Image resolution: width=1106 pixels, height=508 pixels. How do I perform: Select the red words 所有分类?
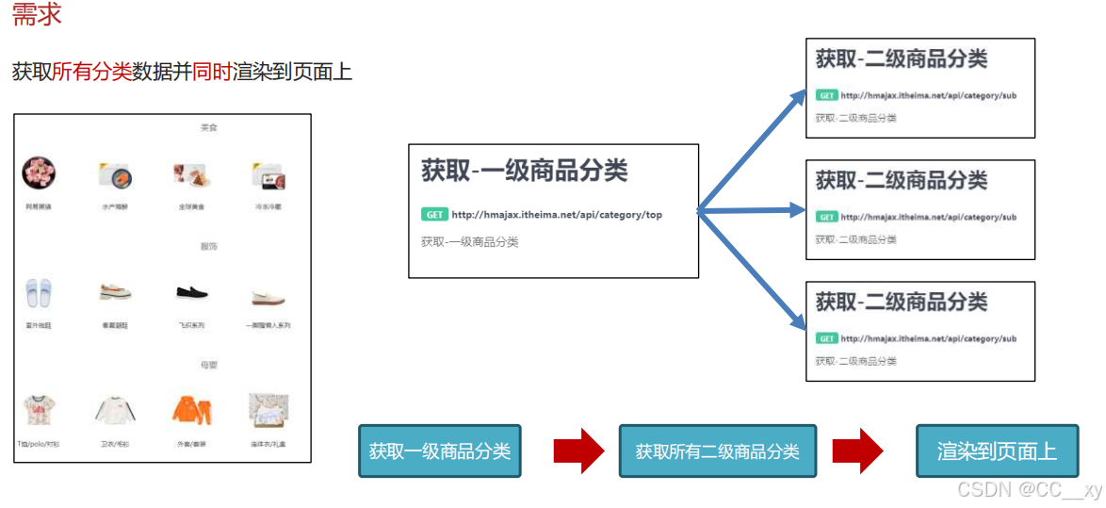point(91,72)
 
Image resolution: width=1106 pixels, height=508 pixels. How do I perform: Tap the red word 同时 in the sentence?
point(212,72)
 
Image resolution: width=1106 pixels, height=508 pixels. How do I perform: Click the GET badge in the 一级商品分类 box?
point(434,215)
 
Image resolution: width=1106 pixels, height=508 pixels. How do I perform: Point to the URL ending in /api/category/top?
point(557,215)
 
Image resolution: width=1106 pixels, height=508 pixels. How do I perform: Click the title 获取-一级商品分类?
point(524,171)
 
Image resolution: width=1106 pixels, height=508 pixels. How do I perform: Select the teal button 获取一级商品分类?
point(439,451)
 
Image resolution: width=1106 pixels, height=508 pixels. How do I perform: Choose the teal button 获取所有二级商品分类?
point(717,451)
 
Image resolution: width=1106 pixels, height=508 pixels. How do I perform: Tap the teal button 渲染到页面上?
point(997,451)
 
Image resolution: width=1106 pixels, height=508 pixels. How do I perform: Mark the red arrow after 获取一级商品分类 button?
point(578,451)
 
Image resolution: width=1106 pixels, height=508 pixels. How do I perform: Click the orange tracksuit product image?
point(190,410)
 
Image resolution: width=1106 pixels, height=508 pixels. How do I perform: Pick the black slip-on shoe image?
point(191,293)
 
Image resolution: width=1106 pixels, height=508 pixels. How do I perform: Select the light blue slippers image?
point(39,293)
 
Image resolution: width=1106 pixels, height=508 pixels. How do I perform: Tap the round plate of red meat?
point(39,173)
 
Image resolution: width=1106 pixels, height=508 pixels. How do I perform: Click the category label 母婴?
point(208,365)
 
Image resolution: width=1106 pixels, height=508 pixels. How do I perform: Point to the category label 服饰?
point(208,247)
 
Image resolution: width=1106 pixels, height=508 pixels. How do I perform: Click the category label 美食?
point(208,127)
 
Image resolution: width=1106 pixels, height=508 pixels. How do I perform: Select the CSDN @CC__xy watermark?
point(1029,490)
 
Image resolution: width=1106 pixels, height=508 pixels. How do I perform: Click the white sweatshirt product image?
point(116,411)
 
